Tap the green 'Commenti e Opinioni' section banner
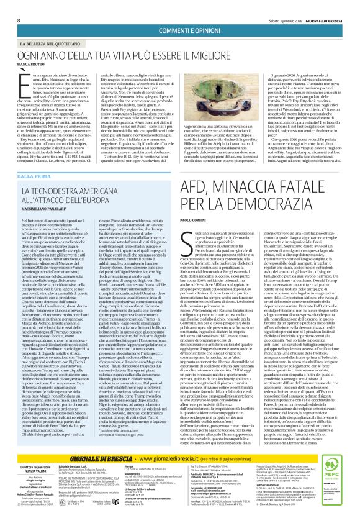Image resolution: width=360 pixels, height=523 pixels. [x=179, y=14]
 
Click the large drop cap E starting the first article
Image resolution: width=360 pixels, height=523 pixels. [x=23, y=64]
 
